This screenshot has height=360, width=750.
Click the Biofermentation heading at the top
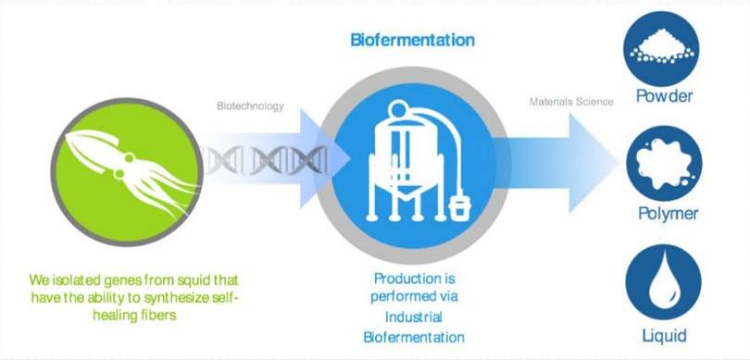pyautogui.click(x=412, y=41)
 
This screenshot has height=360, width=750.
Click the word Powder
pyautogui.click(x=664, y=95)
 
